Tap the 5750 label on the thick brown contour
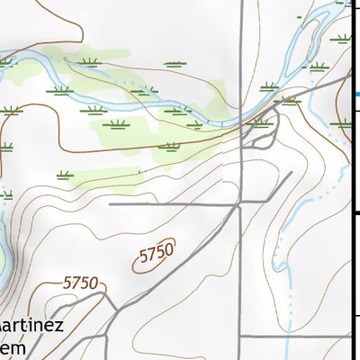[79, 283]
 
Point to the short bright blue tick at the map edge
[356, 94]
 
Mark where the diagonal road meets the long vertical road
[239, 205]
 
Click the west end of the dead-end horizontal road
[112, 205]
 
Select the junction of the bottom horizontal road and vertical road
[239, 337]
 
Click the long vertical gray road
[241, 270]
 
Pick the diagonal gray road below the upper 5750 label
[180, 270]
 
